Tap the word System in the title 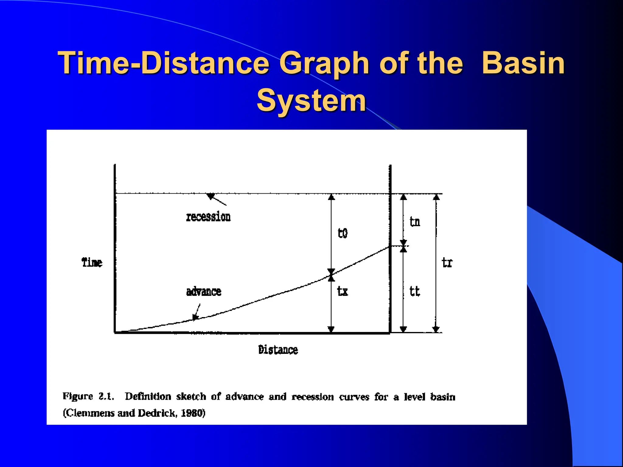coord(311,100)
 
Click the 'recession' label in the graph coord(208,217)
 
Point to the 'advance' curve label coord(204,292)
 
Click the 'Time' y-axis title coord(92,262)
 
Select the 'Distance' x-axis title coord(278,350)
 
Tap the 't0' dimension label coord(343,233)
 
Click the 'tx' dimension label coord(343,291)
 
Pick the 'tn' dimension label coord(415,222)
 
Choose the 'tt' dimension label coord(415,291)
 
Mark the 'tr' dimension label coord(447,262)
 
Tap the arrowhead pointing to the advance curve coord(196,317)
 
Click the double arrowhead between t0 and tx coord(331,275)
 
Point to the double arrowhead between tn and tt coord(403,246)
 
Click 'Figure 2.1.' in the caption coord(88,396)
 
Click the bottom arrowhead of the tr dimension coord(436,329)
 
